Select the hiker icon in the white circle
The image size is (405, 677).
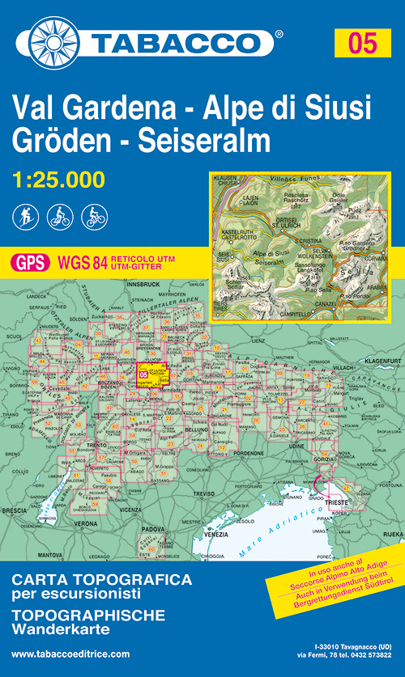click(x=23, y=216)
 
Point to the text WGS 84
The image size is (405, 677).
click(x=79, y=262)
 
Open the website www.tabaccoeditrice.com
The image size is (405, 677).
click(x=71, y=654)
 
